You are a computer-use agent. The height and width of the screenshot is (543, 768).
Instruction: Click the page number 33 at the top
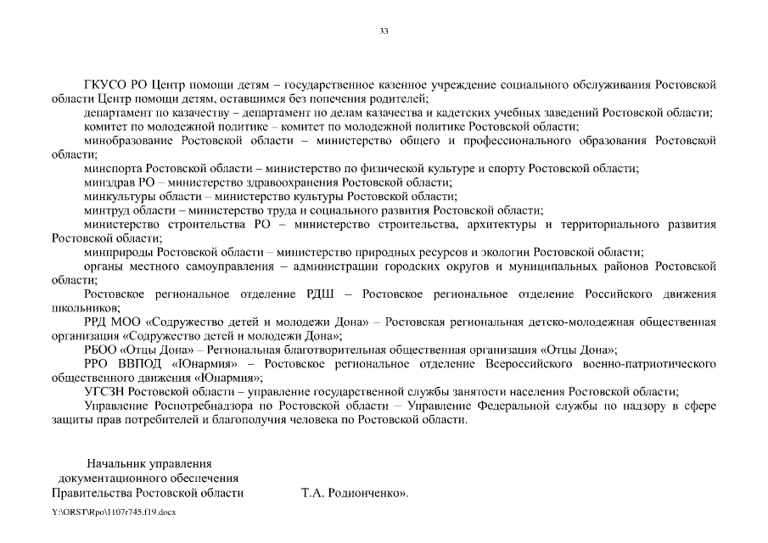(x=384, y=31)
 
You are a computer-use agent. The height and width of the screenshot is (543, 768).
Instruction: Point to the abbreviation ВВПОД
(x=141, y=363)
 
